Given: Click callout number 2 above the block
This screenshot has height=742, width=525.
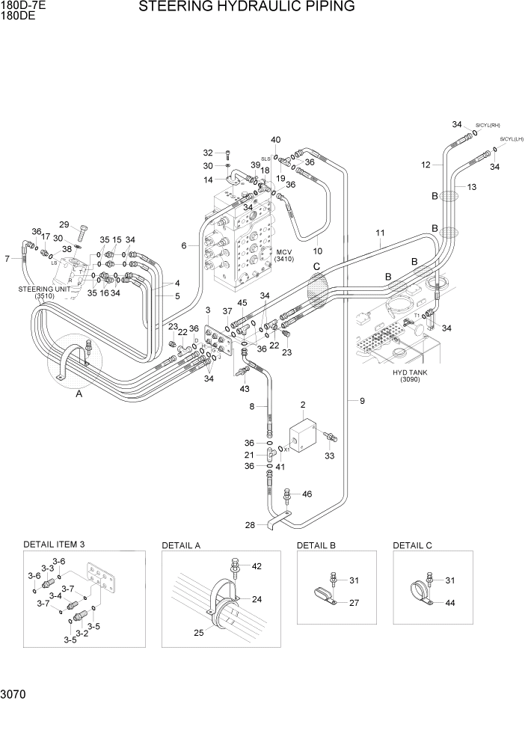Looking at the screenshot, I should [x=303, y=405].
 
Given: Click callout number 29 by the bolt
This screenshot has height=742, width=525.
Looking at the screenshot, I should [x=64, y=225].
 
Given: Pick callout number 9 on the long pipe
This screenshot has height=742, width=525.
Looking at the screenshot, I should [x=362, y=402].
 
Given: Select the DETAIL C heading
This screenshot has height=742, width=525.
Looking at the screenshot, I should [x=412, y=545].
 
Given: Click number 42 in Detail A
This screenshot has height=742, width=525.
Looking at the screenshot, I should [x=257, y=566].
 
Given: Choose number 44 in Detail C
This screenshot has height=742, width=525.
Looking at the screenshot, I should [x=450, y=602].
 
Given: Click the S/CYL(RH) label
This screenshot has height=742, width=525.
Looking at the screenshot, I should [x=488, y=126].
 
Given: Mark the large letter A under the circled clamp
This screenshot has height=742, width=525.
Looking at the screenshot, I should [x=79, y=399].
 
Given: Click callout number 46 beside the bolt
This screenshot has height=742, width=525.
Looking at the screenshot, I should [x=307, y=494].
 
